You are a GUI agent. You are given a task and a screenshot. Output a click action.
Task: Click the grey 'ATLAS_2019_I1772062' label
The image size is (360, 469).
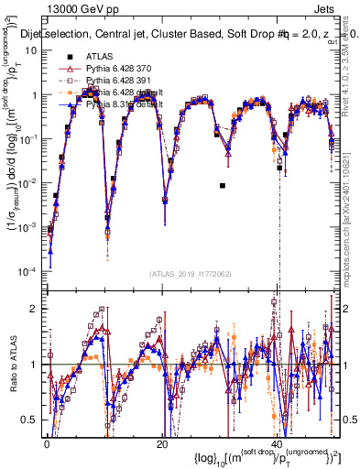(x=191, y=273)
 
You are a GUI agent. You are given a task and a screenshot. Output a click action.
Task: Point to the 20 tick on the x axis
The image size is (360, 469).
(x=162, y=443)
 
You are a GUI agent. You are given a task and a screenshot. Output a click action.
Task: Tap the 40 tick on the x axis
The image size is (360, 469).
(x=278, y=443)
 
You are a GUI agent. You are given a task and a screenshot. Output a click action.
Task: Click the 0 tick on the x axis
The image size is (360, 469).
(x=47, y=443)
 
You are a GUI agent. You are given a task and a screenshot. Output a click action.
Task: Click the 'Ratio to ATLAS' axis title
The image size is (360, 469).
(x=10, y=366)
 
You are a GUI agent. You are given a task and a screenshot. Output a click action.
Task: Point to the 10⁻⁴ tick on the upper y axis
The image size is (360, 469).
(x=30, y=272)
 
